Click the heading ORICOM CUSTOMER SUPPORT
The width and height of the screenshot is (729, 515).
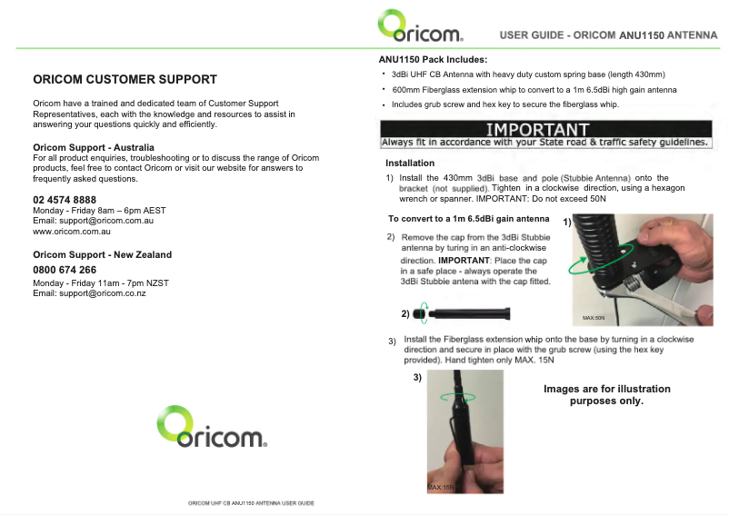(125, 80)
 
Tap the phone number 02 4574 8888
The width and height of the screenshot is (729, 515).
(65, 200)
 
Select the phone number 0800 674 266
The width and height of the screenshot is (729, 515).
(65, 271)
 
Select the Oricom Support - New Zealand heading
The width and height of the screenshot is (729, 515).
(102, 255)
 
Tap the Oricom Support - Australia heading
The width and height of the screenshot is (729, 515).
(94, 147)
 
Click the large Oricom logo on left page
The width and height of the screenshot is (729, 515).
(211, 428)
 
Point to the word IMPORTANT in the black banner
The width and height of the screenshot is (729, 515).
(538, 130)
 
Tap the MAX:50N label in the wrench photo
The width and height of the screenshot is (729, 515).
(594, 318)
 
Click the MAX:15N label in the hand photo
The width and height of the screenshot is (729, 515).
(439, 488)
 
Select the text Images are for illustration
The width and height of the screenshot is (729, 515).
(606, 390)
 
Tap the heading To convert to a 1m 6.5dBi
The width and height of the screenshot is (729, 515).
(468, 219)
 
